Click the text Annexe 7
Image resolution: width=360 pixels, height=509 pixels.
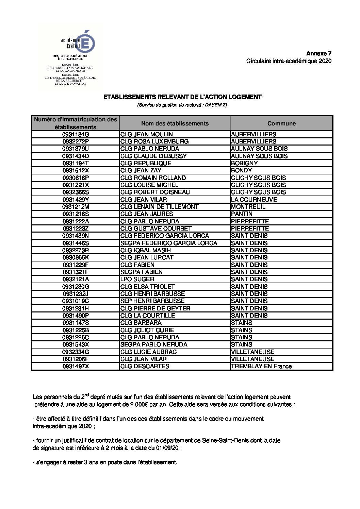[x=318, y=53]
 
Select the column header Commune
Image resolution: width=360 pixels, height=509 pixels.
[x=281, y=123]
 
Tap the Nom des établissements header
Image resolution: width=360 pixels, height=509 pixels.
[x=175, y=123]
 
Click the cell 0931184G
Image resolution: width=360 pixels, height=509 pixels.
[x=75, y=134]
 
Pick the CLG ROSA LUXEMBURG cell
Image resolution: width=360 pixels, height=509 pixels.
[x=154, y=141]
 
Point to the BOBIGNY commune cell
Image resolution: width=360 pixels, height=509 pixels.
[x=244, y=163]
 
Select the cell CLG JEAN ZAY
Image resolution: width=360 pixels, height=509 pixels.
[x=141, y=170]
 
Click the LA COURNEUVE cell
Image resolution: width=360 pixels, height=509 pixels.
[x=254, y=200]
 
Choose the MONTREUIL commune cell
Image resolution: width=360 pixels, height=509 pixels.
[x=248, y=207]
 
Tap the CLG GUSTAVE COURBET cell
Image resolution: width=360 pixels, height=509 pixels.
[x=156, y=228]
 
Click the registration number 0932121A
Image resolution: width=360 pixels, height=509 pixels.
[x=75, y=279]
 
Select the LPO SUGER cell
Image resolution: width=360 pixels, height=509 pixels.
[x=137, y=279]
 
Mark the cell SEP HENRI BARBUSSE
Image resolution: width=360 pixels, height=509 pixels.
[x=152, y=301]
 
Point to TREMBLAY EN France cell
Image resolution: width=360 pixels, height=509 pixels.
[x=261, y=366]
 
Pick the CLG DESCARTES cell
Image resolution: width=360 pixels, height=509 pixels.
[x=145, y=366]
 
